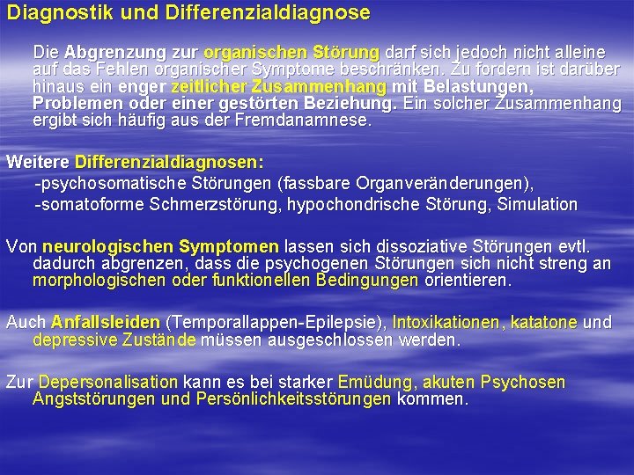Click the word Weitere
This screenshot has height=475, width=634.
[38, 163]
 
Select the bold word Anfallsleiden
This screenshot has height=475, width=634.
[106, 323]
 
